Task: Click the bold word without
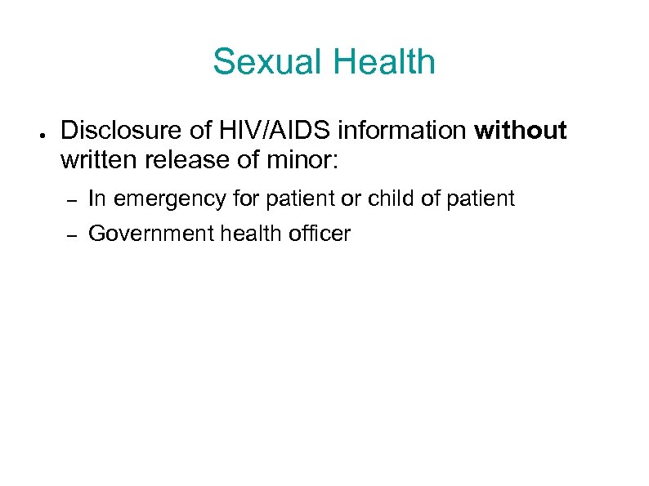click(x=521, y=131)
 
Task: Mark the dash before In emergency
click(x=71, y=199)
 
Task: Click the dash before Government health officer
click(x=71, y=236)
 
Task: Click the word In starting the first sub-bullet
click(x=96, y=198)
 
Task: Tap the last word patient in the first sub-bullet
click(x=484, y=198)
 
